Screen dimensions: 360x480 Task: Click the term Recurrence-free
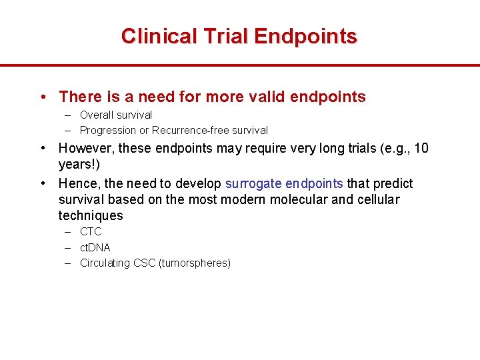point(189,131)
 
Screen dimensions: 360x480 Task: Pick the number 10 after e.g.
point(421,148)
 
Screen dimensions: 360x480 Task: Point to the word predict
point(393,183)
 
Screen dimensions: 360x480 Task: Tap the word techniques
point(91,215)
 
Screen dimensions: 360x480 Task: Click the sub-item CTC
point(91,232)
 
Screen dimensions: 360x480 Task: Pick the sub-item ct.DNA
point(95,247)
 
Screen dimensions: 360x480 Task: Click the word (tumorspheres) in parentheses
point(195,263)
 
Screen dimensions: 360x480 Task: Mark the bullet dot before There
point(43,97)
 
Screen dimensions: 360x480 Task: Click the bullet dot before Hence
point(43,183)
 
